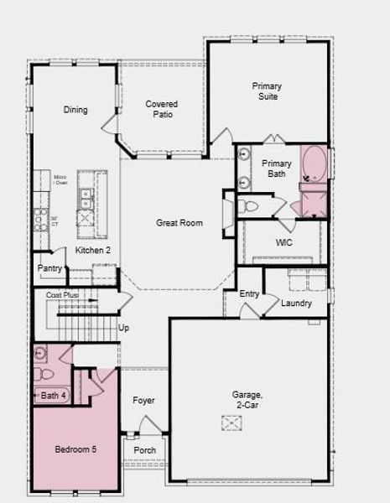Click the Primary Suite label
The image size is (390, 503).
pos(267,91)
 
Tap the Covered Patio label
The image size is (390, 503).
pos(161,109)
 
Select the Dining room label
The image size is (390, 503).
pos(75,110)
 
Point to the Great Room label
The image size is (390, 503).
pos(179,223)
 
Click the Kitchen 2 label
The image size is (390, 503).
pos(93,250)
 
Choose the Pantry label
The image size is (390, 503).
pos(49,268)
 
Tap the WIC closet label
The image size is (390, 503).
pos(283,243)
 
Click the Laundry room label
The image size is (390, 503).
pos(296,303)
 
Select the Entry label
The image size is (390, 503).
pos(249,294)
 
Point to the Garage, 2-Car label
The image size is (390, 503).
pos(247,399)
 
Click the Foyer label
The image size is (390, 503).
pos(143,401)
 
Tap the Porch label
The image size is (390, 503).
pos(145,450)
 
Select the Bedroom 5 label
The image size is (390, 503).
pos(75,450)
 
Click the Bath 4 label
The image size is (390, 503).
pos(53,395)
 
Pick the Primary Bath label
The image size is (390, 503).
pos(276,169)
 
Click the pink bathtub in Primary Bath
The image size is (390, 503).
pos(315,164)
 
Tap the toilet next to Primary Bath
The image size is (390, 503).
pos(250,205)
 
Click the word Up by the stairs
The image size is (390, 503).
pos(124,328)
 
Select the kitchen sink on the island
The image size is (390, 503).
pos(86,198)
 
